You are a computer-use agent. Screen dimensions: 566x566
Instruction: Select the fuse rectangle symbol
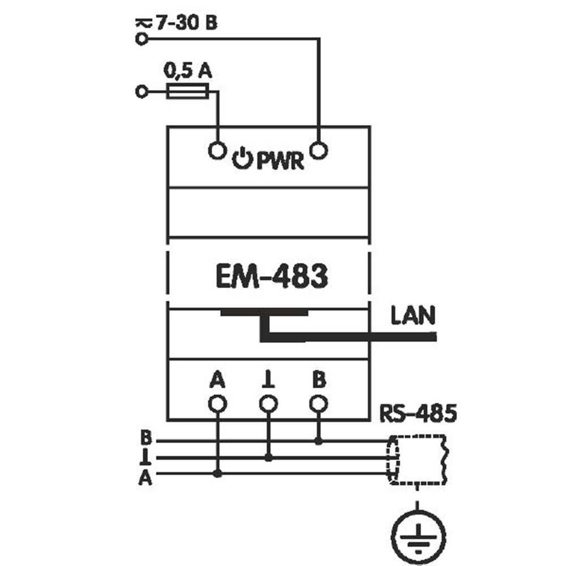(187, 91)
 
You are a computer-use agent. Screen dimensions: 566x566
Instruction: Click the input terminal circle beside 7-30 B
(141, 39)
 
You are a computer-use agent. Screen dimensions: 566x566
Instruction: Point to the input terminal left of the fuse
(141, 91)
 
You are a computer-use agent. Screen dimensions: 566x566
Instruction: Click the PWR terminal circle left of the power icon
(217, 150)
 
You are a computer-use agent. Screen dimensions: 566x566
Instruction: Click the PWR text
(281, 161)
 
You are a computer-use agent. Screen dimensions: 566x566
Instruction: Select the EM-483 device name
(272, 277)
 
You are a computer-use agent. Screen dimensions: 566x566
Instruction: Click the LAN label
(413, 316)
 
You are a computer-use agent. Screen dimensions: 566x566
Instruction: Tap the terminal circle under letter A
(217, 404)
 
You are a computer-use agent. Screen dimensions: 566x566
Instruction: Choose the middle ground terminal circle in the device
(268, 404)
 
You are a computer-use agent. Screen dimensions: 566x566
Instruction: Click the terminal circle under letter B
(319, 404)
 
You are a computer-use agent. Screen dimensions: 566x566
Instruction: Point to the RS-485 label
(418, 414)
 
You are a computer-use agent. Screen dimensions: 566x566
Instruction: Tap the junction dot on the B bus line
(319, 440)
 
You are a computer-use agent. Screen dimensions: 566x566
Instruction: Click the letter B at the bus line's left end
(146, 439)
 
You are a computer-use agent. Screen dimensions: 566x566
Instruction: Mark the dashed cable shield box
(419, 460)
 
